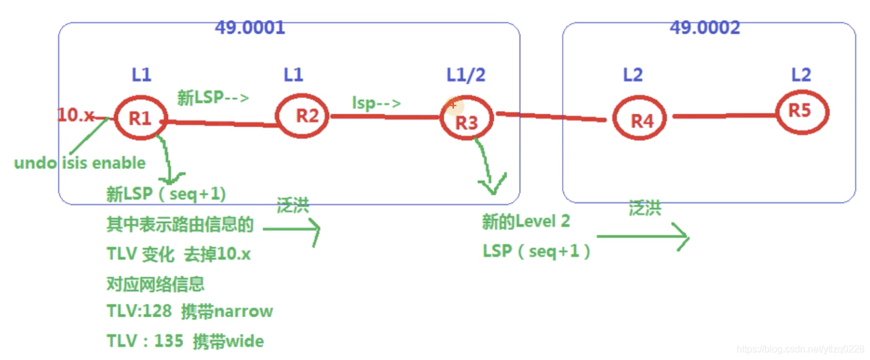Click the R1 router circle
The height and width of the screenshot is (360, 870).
[x=141, y=118]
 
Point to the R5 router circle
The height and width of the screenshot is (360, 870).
[x=801, y=112]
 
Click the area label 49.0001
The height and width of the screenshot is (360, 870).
[x=250, y=28]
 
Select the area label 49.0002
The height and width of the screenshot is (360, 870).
[x=705, y=28]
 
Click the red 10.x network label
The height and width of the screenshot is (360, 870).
[x=76, y=115]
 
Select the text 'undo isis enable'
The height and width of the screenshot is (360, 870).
[x=80, y=163]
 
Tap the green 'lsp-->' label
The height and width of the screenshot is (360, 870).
[x=376, y=103]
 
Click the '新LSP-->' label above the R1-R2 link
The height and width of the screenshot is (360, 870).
[x=213, y=97]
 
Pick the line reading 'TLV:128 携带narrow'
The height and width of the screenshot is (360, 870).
[x=190, y=311]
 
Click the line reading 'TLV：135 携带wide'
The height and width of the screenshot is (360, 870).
[x=185, y=341]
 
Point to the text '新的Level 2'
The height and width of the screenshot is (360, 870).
[x=526, y=222]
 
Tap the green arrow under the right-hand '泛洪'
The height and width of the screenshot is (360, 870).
[x=643, y=237]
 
